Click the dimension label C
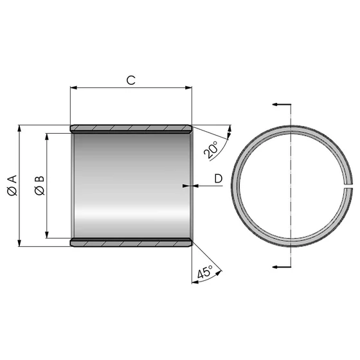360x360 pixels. pyautogui.click(x=130, y=80)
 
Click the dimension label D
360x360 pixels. pyautogui.click(x=217, y=178)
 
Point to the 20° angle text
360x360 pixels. pyautogui.click(x=212, y=149)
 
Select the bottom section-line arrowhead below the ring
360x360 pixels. pyautogui.click(x=275, y=266)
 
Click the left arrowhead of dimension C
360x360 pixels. pyautogui.click(x=73, y=89)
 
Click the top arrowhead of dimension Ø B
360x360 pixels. pyautogui.click(x=48, y=136)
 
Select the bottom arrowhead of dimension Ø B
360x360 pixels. pyautogui.click(x=48, y=235)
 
